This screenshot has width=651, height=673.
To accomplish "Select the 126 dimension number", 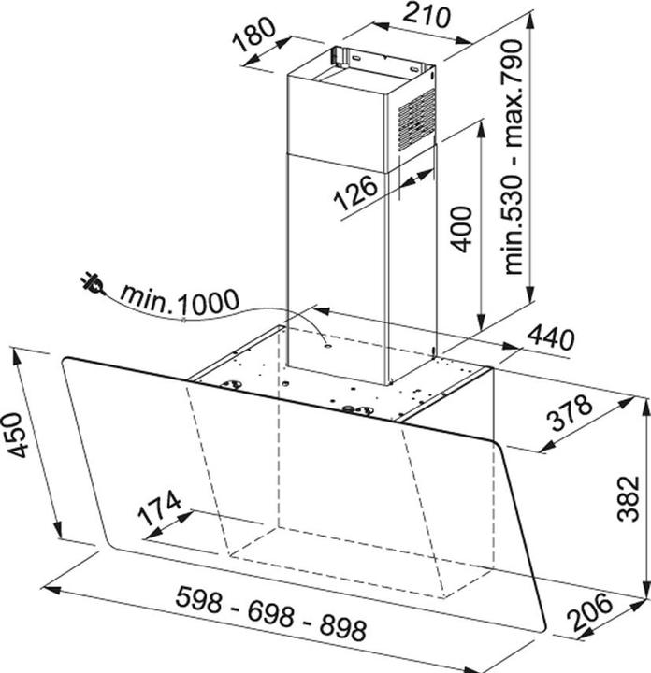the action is (x=356, y=193).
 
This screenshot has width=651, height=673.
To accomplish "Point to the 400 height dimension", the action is (x=461, y=229).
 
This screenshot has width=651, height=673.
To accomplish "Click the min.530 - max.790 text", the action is (x=513, y=157).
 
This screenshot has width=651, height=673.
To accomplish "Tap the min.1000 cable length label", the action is (x=180, y=300).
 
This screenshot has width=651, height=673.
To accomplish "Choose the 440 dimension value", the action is (x=550, y=337).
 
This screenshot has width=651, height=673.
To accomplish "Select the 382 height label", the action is (x=628, y=498).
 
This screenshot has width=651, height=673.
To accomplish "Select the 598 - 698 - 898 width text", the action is (x=271, y=614).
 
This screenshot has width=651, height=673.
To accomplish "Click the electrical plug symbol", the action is (x=93, y=284).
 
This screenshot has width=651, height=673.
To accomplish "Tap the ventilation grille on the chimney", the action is (x=416, y=120).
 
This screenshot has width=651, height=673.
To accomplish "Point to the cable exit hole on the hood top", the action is (x=327, y=345).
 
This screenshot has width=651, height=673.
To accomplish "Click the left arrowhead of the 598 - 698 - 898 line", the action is (x=51, y=589).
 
